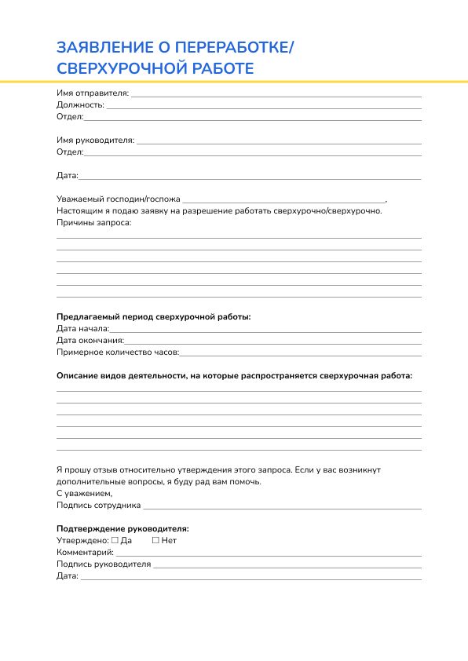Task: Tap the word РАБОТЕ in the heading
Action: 223,68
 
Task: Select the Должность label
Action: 80,104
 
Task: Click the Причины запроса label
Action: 93,223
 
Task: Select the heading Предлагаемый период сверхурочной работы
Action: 154,317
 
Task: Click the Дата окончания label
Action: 90,341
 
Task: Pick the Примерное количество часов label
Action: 118,352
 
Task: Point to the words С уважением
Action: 84,494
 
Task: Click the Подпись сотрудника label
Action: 99,506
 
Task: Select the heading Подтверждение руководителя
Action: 122,529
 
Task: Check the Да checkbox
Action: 115,541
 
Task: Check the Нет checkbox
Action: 155,541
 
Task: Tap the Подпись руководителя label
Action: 104,564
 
